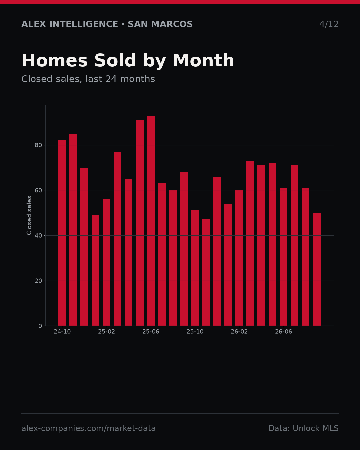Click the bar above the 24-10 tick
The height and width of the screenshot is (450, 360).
[x=62, y=233]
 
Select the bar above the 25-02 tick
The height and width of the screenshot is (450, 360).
[x=106, y=262]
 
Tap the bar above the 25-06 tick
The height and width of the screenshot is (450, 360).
[x=151, y=221]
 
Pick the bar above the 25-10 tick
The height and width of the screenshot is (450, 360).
[x=195, y=268]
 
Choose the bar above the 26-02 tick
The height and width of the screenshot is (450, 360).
[x=239, y=258]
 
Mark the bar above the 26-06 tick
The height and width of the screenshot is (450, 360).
[x=283, y=257]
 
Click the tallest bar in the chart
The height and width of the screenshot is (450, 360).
[x=151, y=221]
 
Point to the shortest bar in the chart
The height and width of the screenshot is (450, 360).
[x=206, y=272]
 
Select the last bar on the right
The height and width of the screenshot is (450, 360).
[x=317, y=269]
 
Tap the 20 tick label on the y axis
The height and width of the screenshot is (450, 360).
[x=38, y=281]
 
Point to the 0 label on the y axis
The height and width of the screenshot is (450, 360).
[x=40, y=326]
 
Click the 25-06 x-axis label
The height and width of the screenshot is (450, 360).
[x=151, y=332]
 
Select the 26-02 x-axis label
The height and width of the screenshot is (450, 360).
[x=239, y=332]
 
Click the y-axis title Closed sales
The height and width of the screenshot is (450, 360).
[x=29, y=215]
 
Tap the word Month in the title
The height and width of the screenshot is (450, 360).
[x=203, y=60]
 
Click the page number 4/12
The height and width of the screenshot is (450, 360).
[x=329, y=24]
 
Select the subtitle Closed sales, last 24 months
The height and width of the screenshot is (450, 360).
[x=88, y=79]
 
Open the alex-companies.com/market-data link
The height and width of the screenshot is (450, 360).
[x=88, y=428]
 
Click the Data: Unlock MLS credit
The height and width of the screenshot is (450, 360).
[x=304, y=428]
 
